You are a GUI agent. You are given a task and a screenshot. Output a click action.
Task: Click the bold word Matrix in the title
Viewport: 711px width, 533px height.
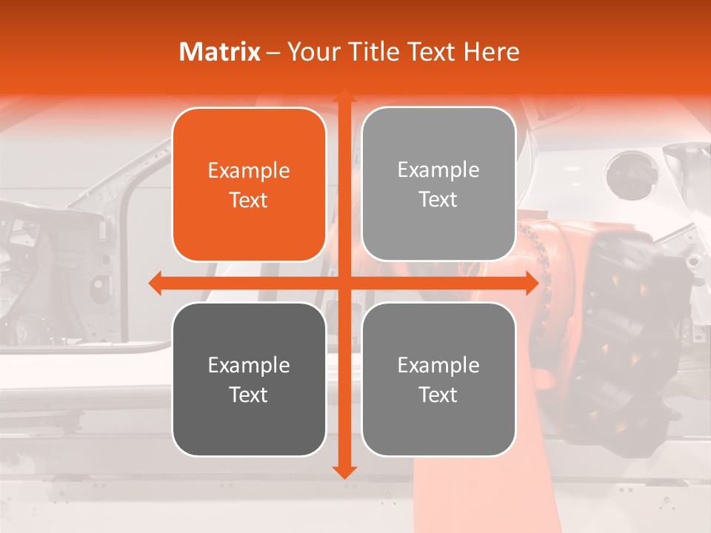220,52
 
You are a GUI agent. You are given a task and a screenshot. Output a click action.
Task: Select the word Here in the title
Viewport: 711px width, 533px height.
491,52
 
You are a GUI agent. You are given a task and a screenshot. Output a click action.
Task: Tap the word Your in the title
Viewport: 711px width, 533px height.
310,52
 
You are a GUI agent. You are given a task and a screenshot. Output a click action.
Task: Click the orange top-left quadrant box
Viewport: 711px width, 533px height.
249,184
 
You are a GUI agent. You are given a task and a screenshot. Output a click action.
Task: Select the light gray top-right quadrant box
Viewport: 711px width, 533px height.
438,184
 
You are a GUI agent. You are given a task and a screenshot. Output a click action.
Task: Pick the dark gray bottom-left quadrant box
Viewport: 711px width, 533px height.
249,379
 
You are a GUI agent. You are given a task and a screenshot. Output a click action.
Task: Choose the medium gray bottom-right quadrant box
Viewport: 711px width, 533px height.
438,379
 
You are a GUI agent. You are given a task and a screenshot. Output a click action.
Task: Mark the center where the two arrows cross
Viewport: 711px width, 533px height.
344,283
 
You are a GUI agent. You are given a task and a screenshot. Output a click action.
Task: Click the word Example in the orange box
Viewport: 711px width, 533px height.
249,171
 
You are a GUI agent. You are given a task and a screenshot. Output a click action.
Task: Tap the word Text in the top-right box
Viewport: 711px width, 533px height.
438,199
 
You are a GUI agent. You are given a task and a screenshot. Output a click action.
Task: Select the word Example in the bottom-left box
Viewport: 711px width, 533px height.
249,365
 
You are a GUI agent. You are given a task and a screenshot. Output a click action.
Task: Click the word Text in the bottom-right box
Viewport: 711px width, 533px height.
438,395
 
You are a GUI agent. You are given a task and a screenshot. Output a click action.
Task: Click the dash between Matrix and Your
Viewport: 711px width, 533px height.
273,53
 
